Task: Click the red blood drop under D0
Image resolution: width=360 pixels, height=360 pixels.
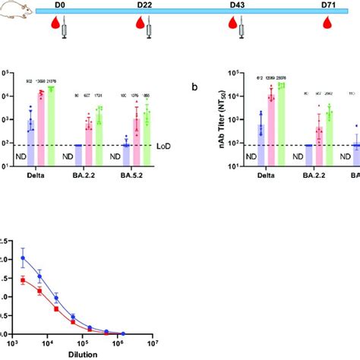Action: (x=52, y=29)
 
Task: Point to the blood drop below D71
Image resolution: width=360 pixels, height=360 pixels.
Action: (x=327, y=29)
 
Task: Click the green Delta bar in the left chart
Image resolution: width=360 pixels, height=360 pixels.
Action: (x=52, y=125)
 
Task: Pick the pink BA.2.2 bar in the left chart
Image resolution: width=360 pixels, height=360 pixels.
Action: (x=89, y=141)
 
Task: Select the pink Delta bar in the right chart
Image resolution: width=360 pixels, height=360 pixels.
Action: (x=271, y=128)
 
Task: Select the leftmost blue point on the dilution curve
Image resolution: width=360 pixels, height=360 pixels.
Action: (x=23, y=257)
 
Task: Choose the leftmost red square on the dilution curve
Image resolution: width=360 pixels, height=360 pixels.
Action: (x=23, y=279)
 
